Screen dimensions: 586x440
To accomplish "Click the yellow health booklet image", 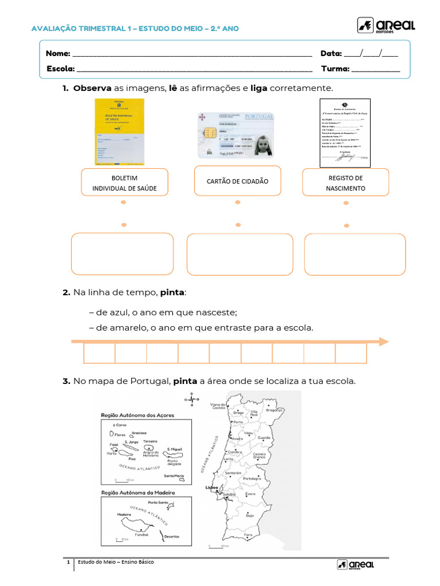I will click(119, 132).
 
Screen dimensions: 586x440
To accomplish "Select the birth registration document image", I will click(344, 132).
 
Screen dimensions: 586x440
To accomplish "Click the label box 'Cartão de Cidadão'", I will click(237, 181).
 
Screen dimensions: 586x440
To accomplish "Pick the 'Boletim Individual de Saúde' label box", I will click(124, 183).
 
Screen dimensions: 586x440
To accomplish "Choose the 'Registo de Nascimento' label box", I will click(345, 183).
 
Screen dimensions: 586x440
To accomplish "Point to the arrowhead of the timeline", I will click(383, 342).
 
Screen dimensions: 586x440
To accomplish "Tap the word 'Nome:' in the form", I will click(58, 53).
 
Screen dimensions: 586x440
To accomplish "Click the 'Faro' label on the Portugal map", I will click(248, 534).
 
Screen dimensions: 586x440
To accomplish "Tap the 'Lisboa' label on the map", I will click(211, 488).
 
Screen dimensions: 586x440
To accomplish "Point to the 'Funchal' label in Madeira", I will click(141, 534).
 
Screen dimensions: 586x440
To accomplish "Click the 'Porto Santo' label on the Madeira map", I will click(158, 502).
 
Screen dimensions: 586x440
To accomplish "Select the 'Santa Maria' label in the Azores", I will click(174, 476).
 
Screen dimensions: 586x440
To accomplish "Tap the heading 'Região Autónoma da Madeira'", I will click(137, 492).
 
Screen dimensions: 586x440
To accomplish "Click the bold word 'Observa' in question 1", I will click(92, 88).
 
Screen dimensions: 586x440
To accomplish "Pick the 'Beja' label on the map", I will click(250, 515).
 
